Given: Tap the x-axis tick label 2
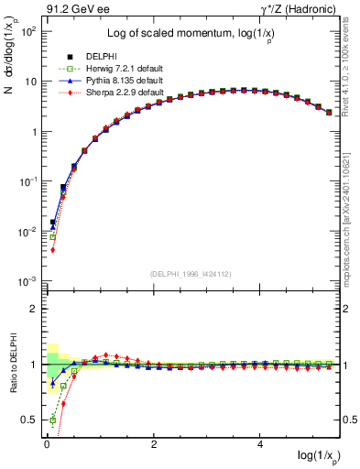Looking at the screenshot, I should click(x=154, y=444).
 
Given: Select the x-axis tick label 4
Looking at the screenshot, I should click(x=261, y=444).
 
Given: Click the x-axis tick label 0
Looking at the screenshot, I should click(x=47, y=444).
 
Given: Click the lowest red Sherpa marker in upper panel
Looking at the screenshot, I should click(x=53, y=249).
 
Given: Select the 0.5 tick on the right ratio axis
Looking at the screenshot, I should click(x=349, y=420).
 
